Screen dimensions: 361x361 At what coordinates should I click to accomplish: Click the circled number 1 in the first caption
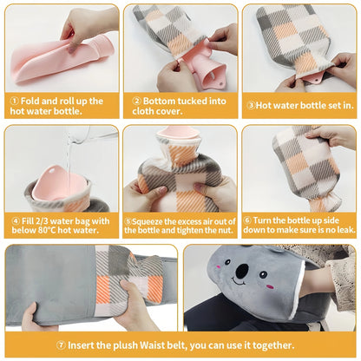[14, 102]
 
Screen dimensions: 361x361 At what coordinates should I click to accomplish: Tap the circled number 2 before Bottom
[136, 102]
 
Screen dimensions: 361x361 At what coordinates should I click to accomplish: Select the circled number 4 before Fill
[16, 221]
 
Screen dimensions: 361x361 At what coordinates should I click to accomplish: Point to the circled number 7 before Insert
[61, 345]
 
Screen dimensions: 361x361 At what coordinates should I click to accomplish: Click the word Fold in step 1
[30, 101]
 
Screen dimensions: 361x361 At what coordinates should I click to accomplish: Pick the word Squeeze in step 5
[148, 222]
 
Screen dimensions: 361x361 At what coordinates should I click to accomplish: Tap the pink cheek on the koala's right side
[270, 286]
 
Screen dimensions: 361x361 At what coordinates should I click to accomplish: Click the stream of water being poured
[69, 154]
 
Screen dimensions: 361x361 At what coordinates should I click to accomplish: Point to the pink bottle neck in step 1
[102, 48]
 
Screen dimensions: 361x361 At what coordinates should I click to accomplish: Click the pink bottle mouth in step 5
[178, 132]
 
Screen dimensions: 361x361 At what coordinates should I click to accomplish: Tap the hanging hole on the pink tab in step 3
[318, 78]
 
